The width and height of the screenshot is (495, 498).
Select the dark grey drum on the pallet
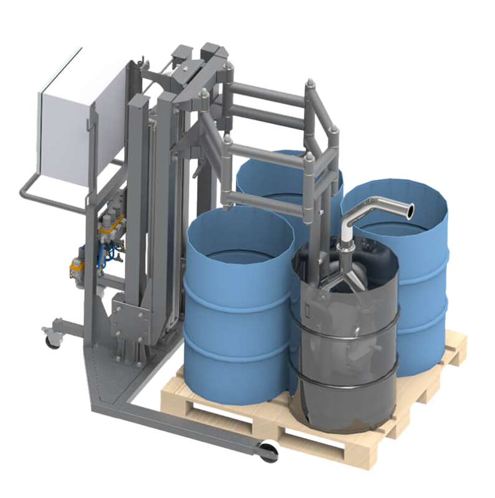(x=346, y=349)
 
